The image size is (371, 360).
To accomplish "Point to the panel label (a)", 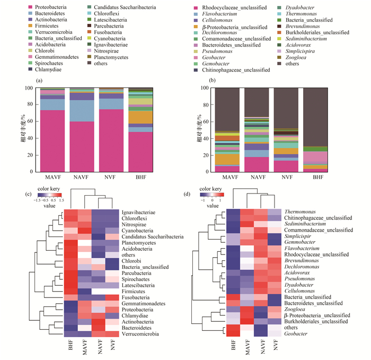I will pyautogui.click(x=39, y=80).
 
